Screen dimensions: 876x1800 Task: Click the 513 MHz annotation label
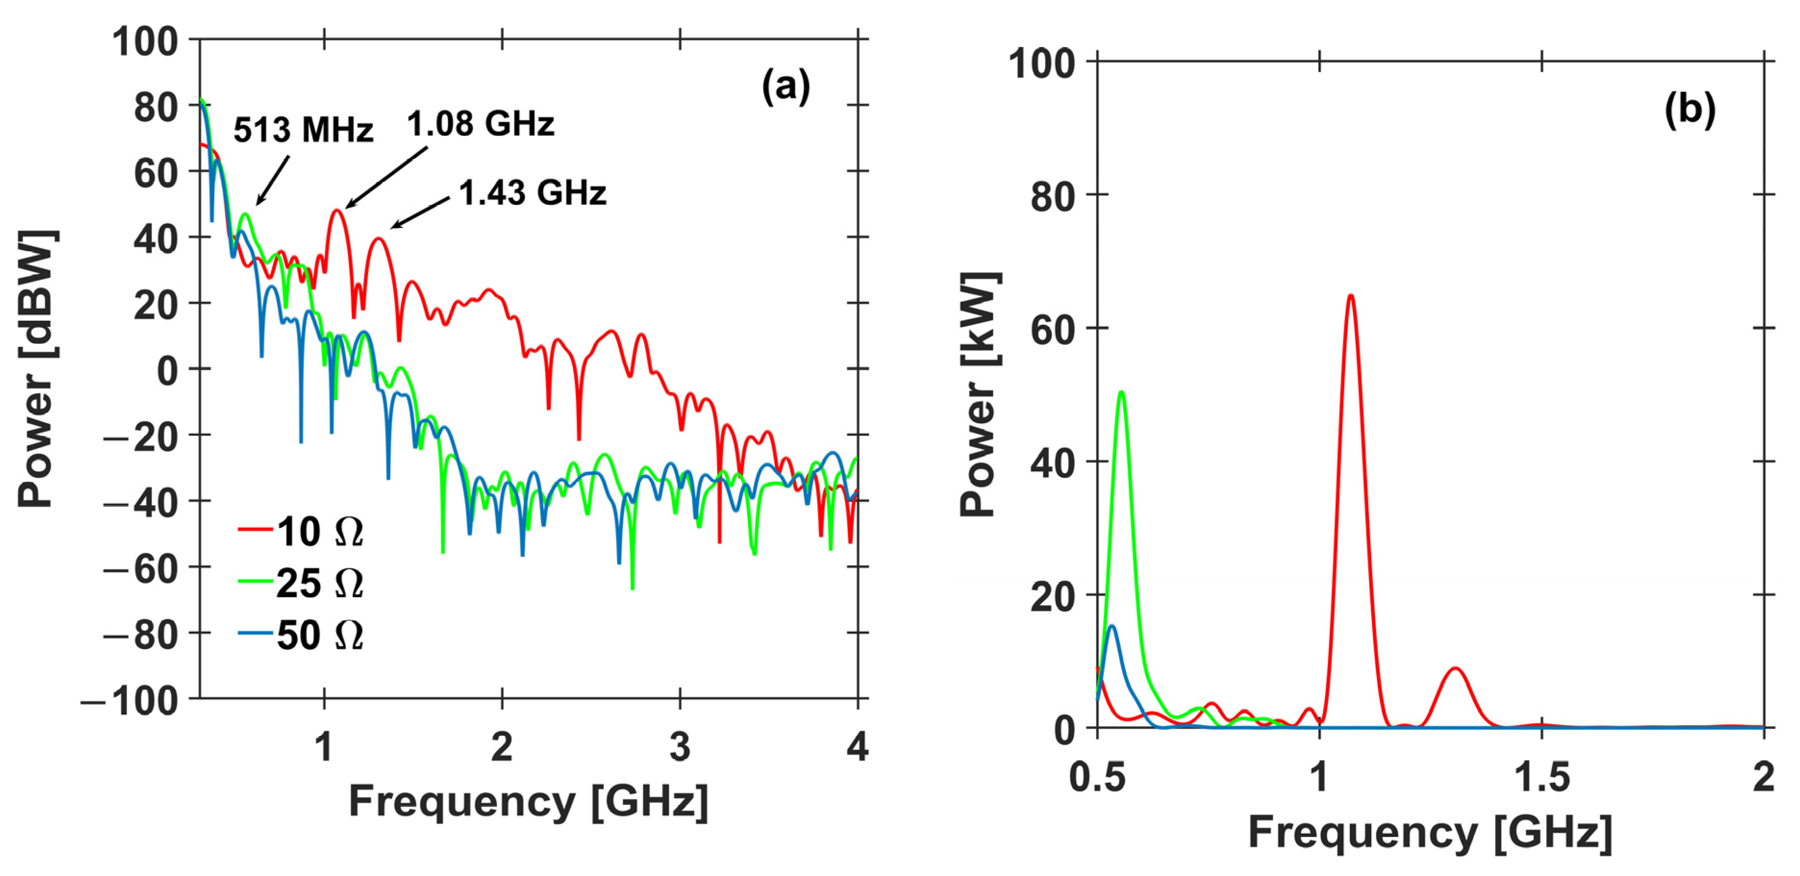(303, 130)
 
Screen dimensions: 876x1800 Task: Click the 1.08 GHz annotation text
(481, 125)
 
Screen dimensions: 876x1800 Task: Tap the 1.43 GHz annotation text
(533, 193)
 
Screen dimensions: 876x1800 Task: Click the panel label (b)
(1689, 110)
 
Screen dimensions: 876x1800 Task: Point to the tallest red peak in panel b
(1350, 296)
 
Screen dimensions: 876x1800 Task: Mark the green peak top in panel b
(1122, 393)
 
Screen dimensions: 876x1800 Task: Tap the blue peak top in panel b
(1112, 626)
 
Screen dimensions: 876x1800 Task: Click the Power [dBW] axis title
(37, 368)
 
